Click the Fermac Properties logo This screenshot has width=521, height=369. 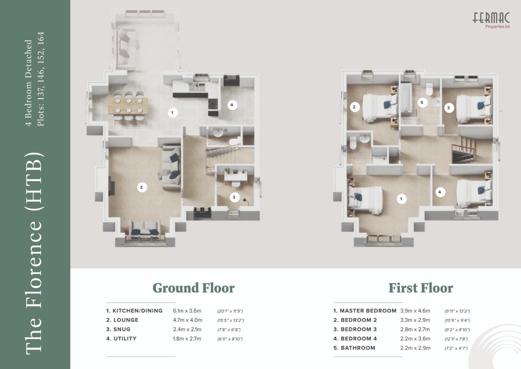491,20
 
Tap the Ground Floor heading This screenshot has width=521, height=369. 193,288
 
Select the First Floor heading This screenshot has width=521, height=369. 421,288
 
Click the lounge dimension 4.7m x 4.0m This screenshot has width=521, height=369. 187,320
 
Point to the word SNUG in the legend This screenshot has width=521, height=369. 122,329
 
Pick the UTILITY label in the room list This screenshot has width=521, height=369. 125,339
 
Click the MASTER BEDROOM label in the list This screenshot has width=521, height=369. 368,311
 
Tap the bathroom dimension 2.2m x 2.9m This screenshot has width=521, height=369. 415,348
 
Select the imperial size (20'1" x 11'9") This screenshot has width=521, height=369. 230,311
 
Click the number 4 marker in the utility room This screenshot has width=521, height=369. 232,105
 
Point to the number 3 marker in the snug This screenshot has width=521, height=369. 234,197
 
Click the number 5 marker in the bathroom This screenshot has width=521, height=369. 422,102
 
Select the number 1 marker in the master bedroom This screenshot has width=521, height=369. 401,199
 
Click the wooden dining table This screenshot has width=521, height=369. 128,106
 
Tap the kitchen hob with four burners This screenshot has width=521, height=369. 213,104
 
